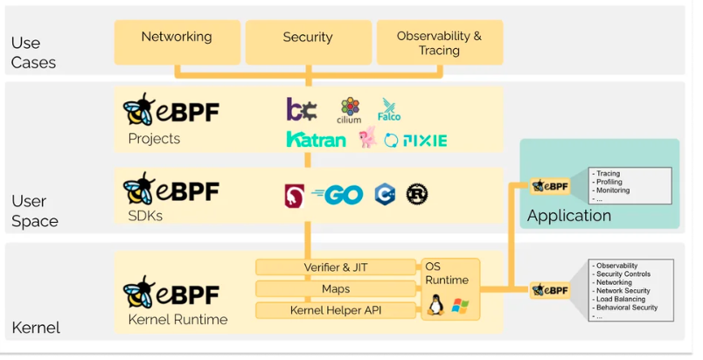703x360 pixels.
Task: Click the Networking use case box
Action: point(177,40)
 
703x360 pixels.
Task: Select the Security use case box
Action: point(308,40)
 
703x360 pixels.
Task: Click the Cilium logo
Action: point(350,110)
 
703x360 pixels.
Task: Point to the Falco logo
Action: point(389,110)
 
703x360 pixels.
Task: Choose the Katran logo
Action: point(316,140)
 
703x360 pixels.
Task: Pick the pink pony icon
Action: point(367,138)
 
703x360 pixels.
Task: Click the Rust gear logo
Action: point(416,195)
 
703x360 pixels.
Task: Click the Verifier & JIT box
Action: point(336,267)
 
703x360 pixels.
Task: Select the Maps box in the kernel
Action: point(336,288)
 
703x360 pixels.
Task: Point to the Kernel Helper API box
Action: point(336,310)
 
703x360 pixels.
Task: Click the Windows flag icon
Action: point(460,307)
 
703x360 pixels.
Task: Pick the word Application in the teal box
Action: point(569,215)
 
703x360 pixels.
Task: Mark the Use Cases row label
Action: point(33,52)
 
